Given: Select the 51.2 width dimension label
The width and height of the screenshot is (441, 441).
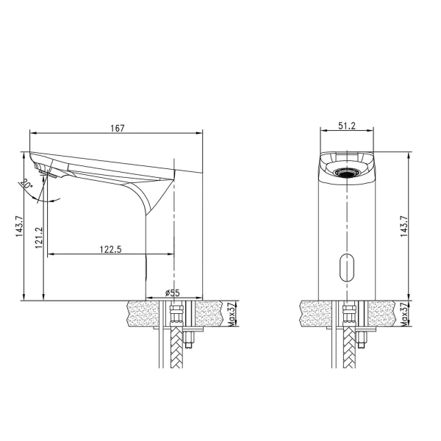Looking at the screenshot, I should click(348, 126).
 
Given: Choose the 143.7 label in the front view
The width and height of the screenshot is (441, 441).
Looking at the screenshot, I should click(403, 226).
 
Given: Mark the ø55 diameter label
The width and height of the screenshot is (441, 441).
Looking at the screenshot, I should click(173, 293).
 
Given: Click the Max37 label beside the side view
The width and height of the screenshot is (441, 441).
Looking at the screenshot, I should click(230, 314).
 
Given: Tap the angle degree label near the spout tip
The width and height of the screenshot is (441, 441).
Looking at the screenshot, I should click(27, 184).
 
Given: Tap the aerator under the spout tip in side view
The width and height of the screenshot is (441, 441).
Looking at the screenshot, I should click(50, 174).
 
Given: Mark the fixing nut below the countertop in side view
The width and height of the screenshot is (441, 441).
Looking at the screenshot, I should click(187, 339).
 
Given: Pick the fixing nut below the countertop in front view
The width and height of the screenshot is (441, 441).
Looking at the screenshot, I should click(360, 339).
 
